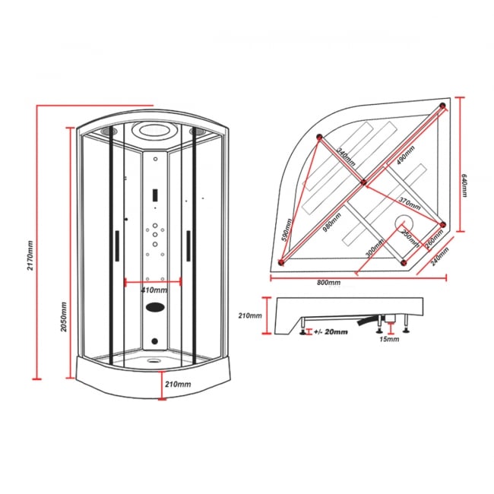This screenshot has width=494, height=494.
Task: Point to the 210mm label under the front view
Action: coord(178,385)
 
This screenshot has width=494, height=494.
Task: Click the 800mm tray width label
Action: coord(328,282)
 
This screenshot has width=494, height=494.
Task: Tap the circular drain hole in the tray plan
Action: coord(402,222)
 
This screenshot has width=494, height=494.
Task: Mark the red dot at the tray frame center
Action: coord(363,182)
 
